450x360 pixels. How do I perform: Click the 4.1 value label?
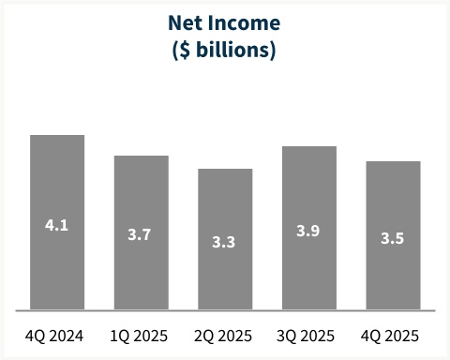pyautogui.click(x=57, y=225)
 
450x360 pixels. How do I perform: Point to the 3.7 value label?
pyautogui.click(x=141, y=234)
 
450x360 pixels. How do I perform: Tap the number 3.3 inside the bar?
pyautogui.click(x=225, y=242)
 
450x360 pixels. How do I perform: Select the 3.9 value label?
pyautogui.click(x=308, y=231)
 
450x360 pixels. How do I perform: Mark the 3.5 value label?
pyautogui.click(x=393, y=238)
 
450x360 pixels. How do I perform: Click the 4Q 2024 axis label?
pyautogui.click(x=57, y=335)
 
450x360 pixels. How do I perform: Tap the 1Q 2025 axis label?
pyautogui.click(x=141, y=335)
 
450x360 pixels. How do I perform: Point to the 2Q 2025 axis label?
pyautogui.click(x=225, y=335)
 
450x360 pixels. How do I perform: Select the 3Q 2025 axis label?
pyautogui.click(x=308, y=335)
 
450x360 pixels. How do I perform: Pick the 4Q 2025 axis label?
pyautogui.click(x=393, y=335)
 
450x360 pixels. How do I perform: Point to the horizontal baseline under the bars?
pyautogui.click(x=225, y=310)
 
